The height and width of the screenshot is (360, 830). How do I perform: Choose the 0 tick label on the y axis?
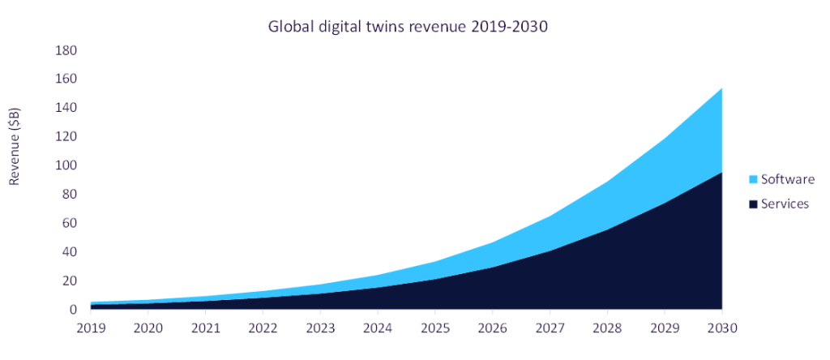pos(72,310)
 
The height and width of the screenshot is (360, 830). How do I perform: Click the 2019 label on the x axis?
pos(90,328)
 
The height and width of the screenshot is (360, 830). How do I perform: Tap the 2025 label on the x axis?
pos(434,328)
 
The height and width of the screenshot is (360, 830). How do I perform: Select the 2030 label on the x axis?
pos(721,328)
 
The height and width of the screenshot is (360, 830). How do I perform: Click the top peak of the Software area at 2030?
pos(721,88)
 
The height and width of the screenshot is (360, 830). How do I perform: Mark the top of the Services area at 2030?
pos(721,173)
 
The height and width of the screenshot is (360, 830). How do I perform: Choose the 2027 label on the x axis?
pos(550,328)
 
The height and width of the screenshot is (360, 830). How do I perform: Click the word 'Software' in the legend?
pos(787,179)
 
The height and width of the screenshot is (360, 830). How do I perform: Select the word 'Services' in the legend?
pos(785,204)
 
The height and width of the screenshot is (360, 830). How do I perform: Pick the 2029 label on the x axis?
pos(664,328)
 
